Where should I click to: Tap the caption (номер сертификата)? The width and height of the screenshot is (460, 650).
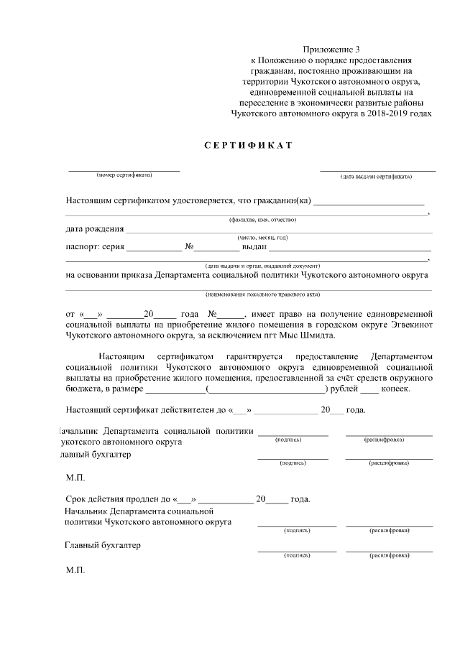[x=124, y=175]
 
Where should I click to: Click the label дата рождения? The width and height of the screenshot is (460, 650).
[x=94, y=230]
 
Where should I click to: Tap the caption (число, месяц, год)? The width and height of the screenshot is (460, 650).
[x=262, y=238]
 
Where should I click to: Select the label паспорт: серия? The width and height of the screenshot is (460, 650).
[x=95, y=248]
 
